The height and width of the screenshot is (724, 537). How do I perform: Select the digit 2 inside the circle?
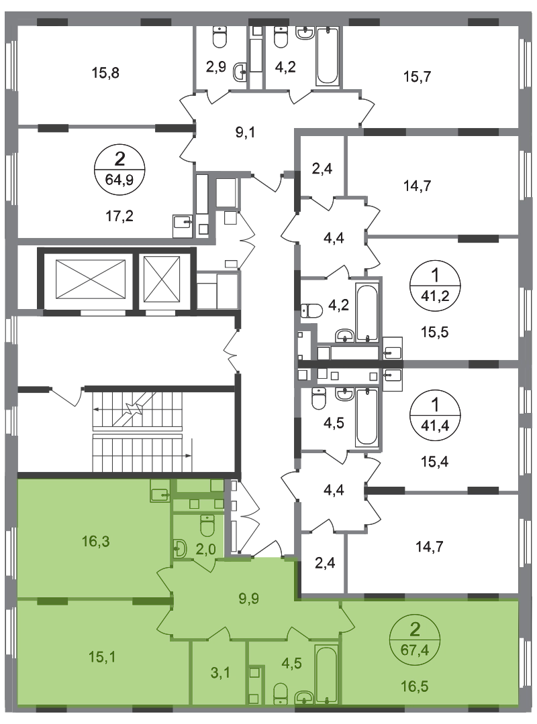click(416, 629)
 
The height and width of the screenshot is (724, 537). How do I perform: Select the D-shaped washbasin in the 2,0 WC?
click(179, 550)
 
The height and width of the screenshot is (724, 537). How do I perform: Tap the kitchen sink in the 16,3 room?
click(159, 495)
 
